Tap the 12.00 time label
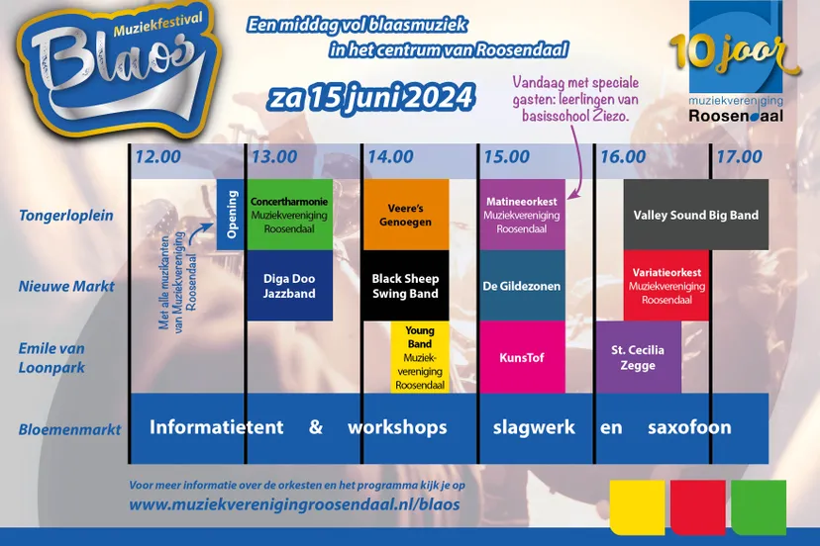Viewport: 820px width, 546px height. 158,156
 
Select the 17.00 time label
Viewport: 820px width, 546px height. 739,156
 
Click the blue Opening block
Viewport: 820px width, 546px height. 231,215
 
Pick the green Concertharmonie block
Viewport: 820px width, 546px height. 289,215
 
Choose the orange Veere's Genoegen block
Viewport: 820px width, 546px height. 405,215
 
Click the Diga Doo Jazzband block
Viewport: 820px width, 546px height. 289,286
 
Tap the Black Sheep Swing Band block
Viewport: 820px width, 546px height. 405,286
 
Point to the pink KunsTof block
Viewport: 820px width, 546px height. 521,357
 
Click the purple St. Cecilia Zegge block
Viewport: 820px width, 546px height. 638,357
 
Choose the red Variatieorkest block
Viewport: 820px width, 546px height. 666,286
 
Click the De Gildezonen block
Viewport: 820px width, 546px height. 521,286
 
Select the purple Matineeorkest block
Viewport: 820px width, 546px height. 521,215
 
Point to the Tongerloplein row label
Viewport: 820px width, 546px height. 66,215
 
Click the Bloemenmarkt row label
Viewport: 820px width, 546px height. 69,429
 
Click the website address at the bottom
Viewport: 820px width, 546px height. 294,503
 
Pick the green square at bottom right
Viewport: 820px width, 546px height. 759,506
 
